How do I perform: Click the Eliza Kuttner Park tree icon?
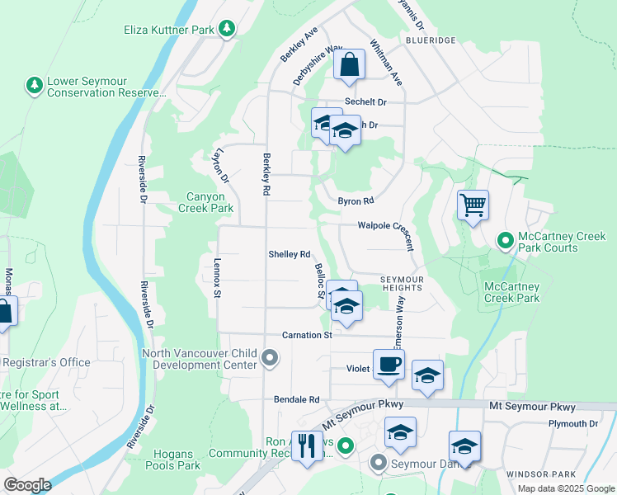227,30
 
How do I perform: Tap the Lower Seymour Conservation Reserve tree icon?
34,86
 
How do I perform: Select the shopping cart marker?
473,205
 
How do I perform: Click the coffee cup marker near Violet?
389,364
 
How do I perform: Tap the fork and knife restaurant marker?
307,446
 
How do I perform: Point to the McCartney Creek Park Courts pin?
505,240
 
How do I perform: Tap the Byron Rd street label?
356,200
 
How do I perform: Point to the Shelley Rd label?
289,254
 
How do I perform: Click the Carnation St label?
306,335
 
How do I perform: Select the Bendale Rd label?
296,399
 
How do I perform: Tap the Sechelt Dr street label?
365,101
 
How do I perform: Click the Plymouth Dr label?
572,423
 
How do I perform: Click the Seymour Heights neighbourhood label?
402,285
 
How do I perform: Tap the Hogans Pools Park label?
172,460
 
